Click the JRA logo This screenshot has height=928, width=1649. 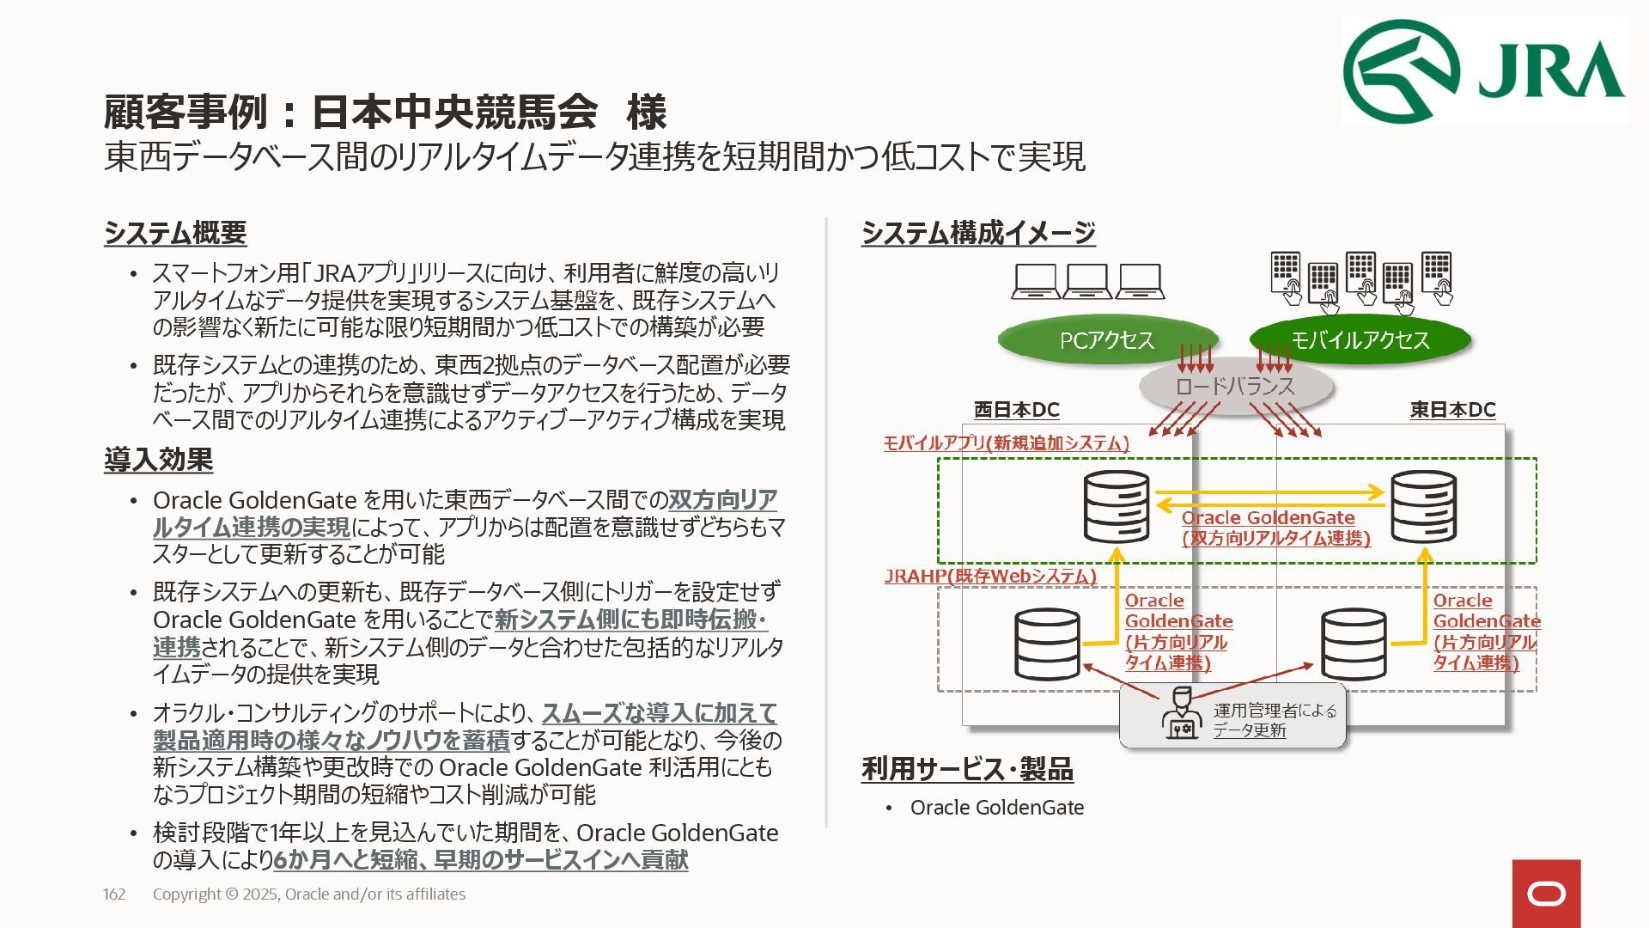coord(1483,71)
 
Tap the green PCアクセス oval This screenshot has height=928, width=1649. coord(1106,340)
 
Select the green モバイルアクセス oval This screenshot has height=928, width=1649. coord(1360,340)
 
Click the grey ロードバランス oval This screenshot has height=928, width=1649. coord(1234,387)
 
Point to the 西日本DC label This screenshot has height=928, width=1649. coord(1016,410)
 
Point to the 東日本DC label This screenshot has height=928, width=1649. coord(1452,410)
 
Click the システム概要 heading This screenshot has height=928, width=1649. coord(175,233)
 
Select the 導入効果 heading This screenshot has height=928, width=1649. coord(158,460)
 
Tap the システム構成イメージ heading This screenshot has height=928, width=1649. coord(978,233)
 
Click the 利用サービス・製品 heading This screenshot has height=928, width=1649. coord(967,769)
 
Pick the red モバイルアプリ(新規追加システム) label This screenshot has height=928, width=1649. coord(1006,443)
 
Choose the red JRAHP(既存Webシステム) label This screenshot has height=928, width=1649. coord(990,576)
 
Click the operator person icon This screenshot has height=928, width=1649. coord(1181,714)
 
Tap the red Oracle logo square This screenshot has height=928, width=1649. coord(1546,894)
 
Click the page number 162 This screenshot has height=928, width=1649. coord(114,894)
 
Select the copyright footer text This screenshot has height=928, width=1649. coord(309,894)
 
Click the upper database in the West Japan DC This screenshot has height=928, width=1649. coord(1116,507)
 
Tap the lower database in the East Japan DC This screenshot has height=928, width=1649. coord(1353,644)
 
